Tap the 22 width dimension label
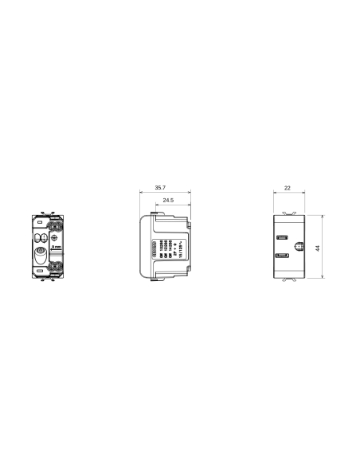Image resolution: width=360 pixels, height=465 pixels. click(287, 188)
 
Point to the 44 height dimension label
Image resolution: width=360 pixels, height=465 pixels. click(318, 248)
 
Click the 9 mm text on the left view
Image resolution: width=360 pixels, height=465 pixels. click(55, 248)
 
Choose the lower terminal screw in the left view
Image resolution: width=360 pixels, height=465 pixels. click(56, 272)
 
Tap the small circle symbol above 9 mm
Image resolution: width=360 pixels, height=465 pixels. click(55, 237)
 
